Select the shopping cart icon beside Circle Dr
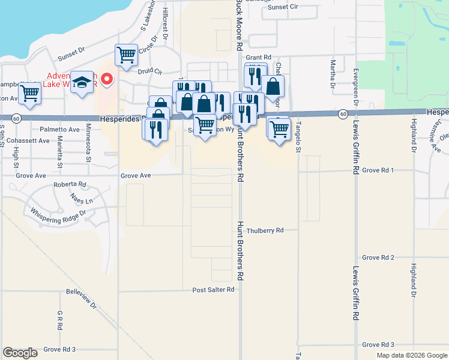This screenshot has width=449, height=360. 127,55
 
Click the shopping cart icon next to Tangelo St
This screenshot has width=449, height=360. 279,128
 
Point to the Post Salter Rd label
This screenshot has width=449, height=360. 213,290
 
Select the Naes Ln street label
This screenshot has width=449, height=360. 81,200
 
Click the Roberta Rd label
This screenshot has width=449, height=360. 70,185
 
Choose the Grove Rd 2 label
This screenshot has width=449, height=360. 378,257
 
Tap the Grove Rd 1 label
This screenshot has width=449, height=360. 378,170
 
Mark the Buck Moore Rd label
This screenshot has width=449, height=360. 239,24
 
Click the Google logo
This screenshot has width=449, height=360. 20,353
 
